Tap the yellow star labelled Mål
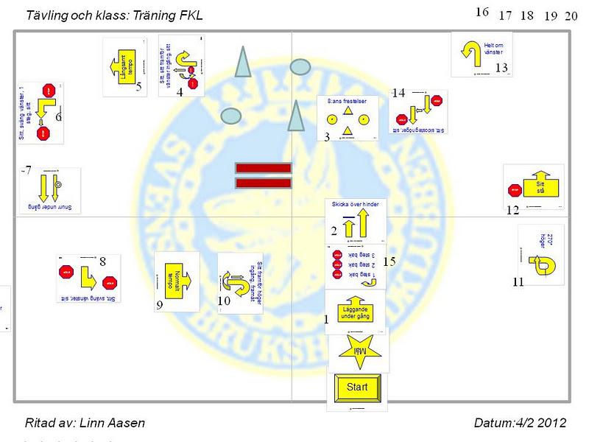[x=359, y=351]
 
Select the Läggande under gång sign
[x=355, y=310]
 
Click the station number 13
[x=501, y=68]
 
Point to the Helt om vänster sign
[x=482, y=52]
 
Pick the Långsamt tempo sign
[x=124, y=67]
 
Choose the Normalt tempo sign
[x=177, y=281]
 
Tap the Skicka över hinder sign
[x=356, y=220]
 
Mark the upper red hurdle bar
[x=263, y=168]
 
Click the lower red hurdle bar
[x=263, y=183]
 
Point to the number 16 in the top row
[x=482, y=12]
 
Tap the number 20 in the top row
[x=571, y=16]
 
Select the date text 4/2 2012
[x=541, y=423]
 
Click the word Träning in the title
[x=155, y=15]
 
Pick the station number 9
[x=159, y=305]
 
